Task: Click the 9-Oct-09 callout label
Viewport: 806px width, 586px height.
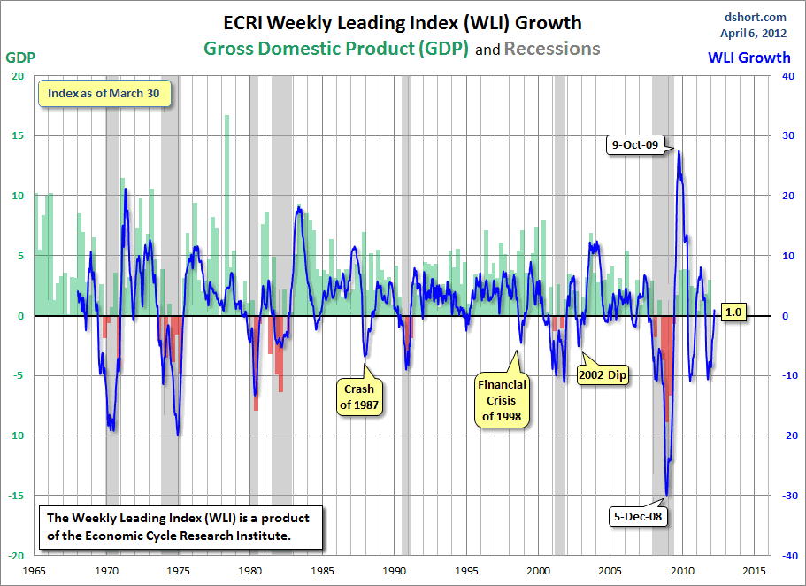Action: [639, 144]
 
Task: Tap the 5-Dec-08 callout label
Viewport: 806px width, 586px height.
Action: [638, 514]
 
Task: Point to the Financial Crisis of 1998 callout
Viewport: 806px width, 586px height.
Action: [502, 400]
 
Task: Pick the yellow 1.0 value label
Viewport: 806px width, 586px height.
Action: [733, 312]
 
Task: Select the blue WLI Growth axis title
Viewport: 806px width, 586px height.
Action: [748, 58]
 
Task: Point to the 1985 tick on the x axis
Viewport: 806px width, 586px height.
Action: [322, 571]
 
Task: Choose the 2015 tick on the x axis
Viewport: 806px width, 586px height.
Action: [755, 571]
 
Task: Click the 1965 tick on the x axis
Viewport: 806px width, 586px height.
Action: [35, 571]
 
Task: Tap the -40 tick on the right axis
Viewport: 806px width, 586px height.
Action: [782, 556]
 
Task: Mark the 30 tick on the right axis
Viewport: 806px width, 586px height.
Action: [783, 135]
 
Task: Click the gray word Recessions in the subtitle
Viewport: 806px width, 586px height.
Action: [552, 49]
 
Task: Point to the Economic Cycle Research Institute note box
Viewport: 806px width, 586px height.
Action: [179, 527]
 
